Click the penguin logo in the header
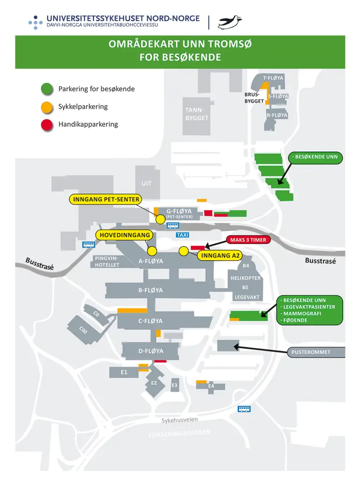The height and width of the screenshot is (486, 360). click(230, 22)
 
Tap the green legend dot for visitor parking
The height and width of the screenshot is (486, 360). click(47, 89)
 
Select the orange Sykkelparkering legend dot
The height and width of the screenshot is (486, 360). click(47, 107)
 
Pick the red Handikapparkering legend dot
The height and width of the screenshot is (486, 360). click(47, 125)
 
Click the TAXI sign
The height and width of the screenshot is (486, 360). click(183, 235)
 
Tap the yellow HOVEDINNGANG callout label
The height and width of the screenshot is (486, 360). click(125, 235)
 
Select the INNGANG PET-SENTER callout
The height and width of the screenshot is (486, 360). click(106, 199)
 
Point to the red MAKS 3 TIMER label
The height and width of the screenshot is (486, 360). click(248, 240)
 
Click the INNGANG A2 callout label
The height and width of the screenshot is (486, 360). click(220, 256)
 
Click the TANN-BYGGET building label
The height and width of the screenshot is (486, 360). click(197, 114)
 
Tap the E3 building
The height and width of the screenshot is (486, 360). click(174, 385)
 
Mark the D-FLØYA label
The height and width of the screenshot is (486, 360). click(151, 351)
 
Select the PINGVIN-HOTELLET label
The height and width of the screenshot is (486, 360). click(107, 262)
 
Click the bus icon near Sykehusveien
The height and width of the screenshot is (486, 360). click(244, 409)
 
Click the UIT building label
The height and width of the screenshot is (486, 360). click(146, 184)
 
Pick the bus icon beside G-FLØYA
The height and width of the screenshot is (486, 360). click(173, 226)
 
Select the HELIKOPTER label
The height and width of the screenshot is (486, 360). click(245, 278)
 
